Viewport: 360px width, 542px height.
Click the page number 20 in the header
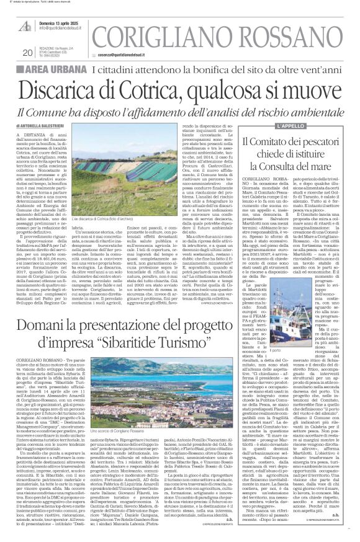[27, 52]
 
